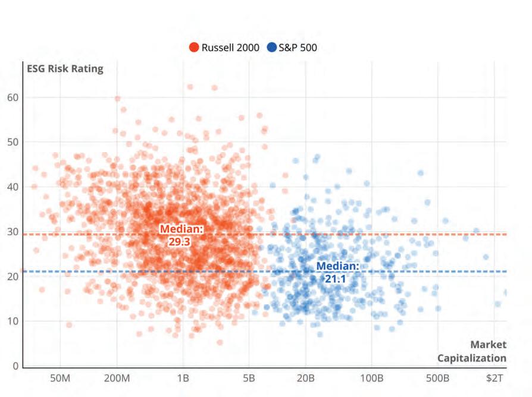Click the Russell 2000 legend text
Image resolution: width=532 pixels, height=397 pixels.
230,48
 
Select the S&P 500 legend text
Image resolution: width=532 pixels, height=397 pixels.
298,48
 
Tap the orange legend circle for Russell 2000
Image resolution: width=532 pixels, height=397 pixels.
194,48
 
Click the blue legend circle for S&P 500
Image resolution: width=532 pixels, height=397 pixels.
272,48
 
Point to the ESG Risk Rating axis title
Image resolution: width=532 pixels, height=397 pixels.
65,68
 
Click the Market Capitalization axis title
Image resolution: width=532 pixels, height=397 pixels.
472,351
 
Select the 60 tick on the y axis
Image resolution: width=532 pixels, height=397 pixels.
13,97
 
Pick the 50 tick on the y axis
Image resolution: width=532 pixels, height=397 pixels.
13,142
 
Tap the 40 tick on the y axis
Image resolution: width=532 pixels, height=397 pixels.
13,187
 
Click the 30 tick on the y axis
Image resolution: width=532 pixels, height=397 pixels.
13,232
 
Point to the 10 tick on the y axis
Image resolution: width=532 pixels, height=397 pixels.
13,322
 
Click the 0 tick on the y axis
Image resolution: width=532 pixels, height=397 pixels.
16,366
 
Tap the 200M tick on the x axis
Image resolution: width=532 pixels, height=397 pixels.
117,378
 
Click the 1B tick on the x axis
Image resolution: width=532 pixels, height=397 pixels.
183,378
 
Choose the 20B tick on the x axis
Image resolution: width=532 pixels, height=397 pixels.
306,378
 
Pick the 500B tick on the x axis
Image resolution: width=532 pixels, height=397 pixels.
437,378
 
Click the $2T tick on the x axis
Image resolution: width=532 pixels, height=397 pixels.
495,378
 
